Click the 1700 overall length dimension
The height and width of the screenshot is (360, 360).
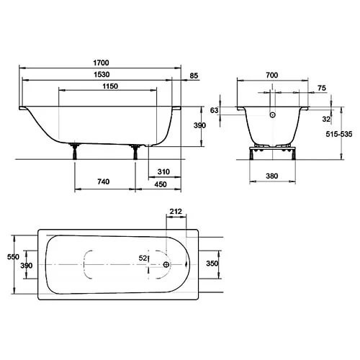[101, 63]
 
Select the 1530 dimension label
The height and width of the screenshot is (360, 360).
[102, 75]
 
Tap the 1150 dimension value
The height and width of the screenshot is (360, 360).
[110, 86]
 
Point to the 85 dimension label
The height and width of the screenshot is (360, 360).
[194, 76]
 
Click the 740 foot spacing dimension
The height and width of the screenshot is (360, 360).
[104, 181]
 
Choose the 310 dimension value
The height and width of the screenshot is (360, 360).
[163, 172]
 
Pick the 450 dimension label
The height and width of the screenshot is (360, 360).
[161, 184]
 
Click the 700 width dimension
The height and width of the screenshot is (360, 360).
[272, 76]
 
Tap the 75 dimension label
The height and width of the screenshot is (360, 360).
[322, 88]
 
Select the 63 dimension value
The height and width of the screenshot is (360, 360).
[215, 110]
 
